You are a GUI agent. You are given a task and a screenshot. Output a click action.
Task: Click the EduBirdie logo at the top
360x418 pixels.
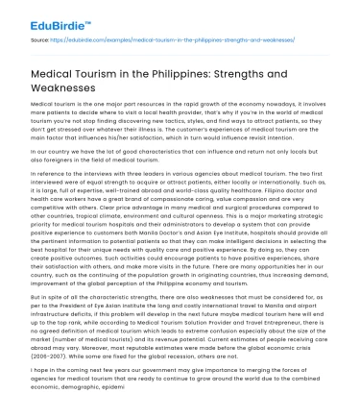pyautogui.click(x=39, y=16)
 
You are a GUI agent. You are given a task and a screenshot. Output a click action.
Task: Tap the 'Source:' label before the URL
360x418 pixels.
pyautogui.click(x=40, y=40)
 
